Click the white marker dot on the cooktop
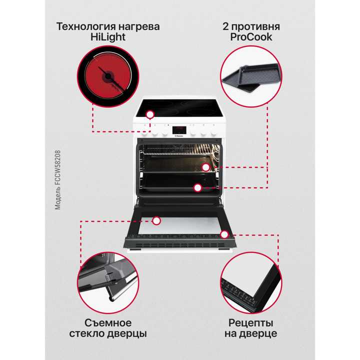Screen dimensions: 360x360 (149, 114)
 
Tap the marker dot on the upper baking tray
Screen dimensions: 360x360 (205, 167)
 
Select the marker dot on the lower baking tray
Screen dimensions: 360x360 (198, 188)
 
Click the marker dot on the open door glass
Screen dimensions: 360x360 (156, 220)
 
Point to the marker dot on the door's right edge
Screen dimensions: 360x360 (224, 234)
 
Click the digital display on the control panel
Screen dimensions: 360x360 (179, 130)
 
